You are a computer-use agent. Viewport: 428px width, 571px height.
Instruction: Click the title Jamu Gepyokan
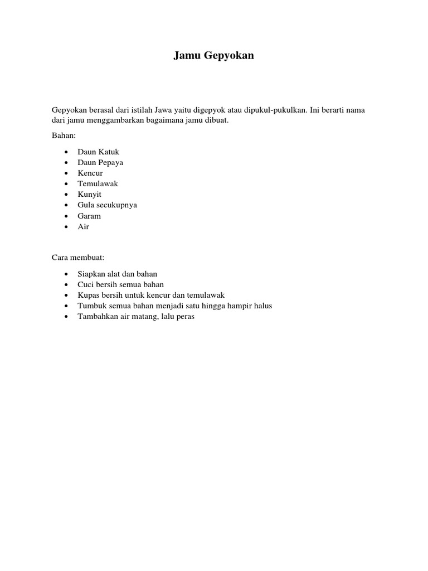(x=213, y=56)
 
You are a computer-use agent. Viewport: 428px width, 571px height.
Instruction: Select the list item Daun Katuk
(x=99, y=152)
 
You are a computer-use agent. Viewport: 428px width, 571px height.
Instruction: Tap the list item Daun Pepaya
(x=100, y=162)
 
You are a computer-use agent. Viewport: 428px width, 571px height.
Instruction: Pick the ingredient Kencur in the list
(x=90, y=173)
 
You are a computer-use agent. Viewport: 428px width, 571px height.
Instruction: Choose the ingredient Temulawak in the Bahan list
(x=98, y=183)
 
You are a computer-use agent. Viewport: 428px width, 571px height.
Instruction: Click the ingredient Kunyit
(x=90, y=194)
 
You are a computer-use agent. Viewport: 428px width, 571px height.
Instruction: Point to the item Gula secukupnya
(x=107, y=205)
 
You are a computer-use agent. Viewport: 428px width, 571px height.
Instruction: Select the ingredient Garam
(x=89, y=216)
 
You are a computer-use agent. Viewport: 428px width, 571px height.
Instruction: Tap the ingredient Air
(x=84, y=226)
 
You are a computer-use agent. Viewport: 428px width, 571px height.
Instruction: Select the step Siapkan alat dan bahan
(x=118, y=274)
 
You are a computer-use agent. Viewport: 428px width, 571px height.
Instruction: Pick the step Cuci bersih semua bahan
(x=121, y=284)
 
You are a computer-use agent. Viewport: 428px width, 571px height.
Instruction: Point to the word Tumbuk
(x=90, y=306)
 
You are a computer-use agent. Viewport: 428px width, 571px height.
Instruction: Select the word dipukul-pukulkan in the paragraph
(x=278, y=110)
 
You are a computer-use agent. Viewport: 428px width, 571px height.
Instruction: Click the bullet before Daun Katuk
(x=66, y=152)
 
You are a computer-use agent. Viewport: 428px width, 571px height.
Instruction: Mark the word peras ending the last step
(x=184, y=316)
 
